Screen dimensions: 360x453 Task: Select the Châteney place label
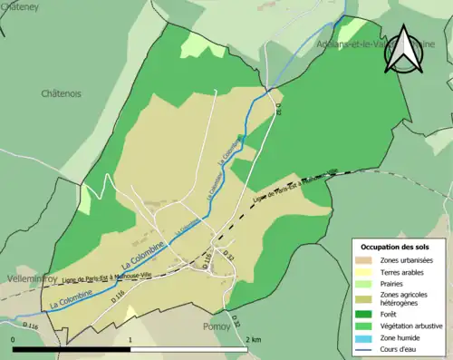(19, 7)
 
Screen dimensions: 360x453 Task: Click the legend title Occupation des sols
(395, 247)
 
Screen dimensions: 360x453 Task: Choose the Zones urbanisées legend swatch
(363, 261)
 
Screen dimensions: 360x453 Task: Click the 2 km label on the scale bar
(254, 339)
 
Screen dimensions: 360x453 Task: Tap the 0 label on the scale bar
(14, 339)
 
